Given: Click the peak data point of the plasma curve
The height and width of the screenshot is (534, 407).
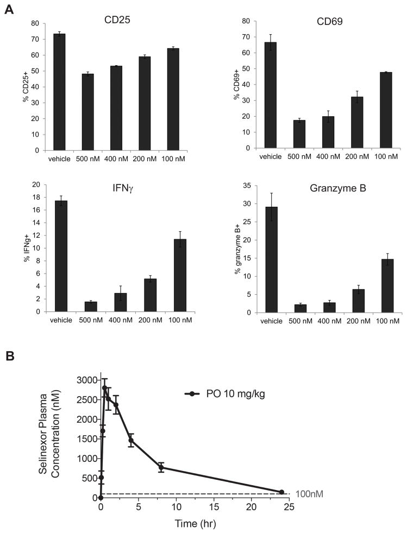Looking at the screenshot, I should click(x=104, y=388).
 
